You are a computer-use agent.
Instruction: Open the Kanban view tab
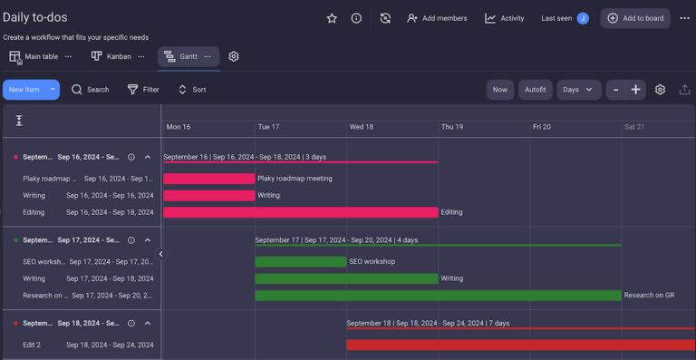click(x=111, y=56)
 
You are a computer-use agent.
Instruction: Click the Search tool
click(x=91, y=90)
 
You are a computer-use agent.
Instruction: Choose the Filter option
click(x=143, y=90)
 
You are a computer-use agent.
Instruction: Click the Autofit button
click(x=535, y=90)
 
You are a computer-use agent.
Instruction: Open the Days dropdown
click(x=578, y=90)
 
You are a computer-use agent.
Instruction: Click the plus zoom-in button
click(x=636, y=90)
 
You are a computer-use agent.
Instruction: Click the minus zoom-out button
click(x=616, y=90)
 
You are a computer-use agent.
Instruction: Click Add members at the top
click(x=437, y=18)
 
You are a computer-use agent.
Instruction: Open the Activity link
click(x=505, y=18)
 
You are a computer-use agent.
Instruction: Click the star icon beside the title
click(x=332, y=18)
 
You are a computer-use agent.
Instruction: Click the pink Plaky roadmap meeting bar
click(x=209, y=179)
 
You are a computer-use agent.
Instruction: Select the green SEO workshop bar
click(x=301, y=261)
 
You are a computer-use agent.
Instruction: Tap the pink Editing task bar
click(x=300, y=212)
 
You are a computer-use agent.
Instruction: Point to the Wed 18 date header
click(x=362, y=127)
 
